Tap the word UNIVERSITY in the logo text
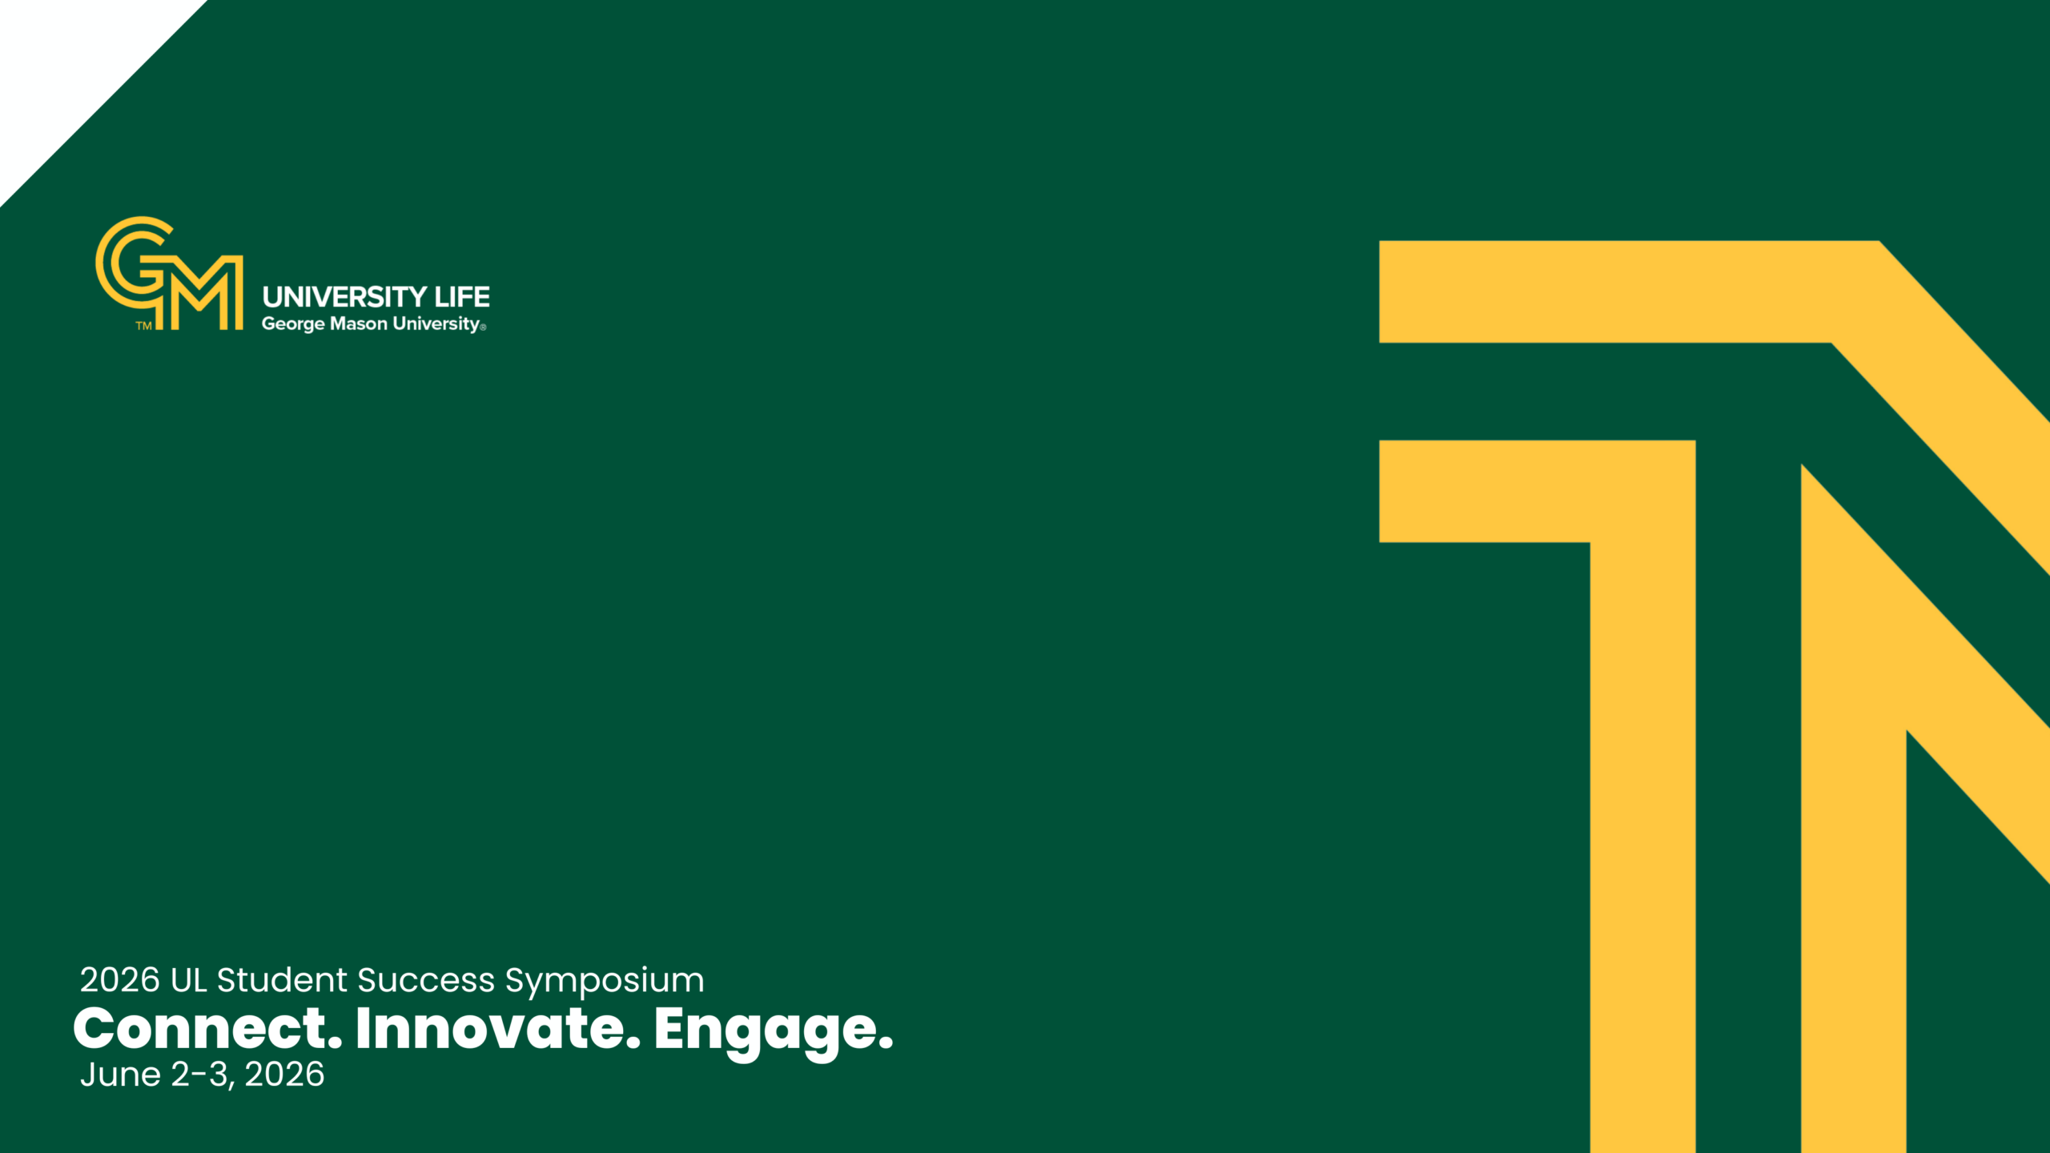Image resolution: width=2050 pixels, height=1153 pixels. [345, 297]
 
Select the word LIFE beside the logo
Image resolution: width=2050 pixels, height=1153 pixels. [462, 297]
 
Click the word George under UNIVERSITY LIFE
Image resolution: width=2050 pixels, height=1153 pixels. [293, 324]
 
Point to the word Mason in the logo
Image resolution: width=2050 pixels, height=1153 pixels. [359, 323]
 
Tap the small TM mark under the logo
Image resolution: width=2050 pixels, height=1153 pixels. [143, 326]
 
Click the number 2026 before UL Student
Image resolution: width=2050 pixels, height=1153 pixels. [120, 980]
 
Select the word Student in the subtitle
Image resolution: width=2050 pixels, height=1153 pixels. [283, 980]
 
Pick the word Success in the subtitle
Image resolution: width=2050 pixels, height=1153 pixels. [426, 980]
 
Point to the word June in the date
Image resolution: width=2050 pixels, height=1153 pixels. [120, 1075]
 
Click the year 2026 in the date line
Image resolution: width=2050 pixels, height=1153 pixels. [284, 1075]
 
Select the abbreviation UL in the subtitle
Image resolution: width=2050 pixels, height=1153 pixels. [189, 980]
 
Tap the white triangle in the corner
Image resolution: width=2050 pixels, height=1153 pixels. [68, 68]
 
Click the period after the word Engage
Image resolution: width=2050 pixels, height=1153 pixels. [886, 1043]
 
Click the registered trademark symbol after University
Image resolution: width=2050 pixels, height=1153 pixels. [483, 327]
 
